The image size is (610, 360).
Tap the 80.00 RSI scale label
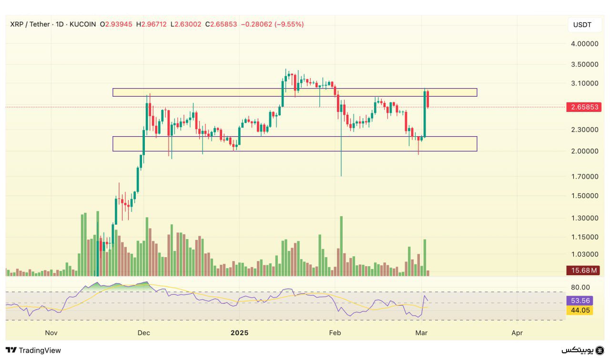580,287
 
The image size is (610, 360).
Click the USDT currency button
582,25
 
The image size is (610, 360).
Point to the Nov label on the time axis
51,333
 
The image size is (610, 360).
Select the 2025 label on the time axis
239,333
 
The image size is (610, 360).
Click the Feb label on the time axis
335,333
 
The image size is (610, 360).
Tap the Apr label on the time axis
517,333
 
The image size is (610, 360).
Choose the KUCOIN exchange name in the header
82,24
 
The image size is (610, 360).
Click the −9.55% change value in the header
289,24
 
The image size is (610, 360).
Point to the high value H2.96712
151,24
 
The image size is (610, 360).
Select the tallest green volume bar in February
341,246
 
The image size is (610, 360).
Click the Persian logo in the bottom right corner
582,350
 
